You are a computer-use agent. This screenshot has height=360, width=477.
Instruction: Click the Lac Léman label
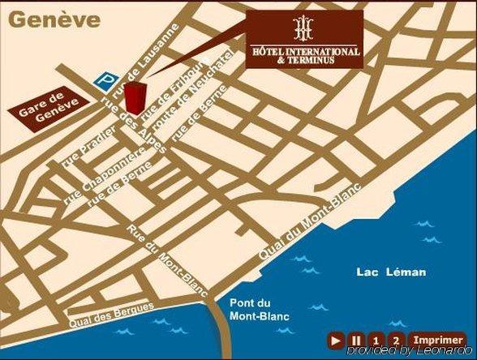point(390,272)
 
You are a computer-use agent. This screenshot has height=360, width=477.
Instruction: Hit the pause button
point(355,340)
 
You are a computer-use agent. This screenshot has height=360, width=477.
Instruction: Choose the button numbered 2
point(395,340)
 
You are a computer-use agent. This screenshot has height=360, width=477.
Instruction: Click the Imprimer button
point(437,340)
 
